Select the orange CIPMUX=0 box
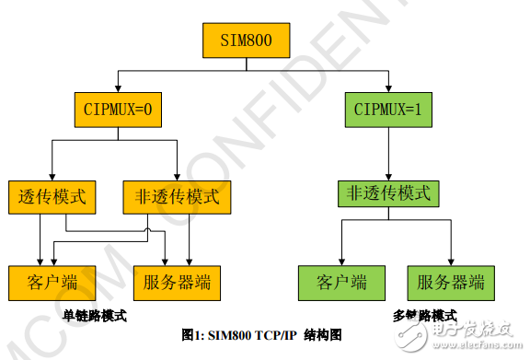click(x=118, y=111)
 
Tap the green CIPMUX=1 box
click(x=387, y=111)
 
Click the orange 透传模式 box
click(x=52, y=196)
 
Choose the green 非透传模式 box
click(x=387, y=193)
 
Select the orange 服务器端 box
click(x=177, y=282)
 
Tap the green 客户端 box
click(x=341, y=282)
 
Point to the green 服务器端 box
click(x=451, y=282)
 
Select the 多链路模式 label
click(x=425, y=315)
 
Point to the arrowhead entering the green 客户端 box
click(x=341, y=263)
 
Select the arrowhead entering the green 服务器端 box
click(x=451, y=263)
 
